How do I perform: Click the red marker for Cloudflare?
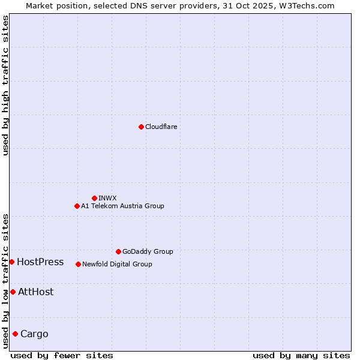141,127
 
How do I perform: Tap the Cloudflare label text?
161,127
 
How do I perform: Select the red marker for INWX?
94,198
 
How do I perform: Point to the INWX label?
107,198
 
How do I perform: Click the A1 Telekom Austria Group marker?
77,206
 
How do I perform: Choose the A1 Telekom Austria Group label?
122,206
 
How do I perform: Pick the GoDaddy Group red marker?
118,251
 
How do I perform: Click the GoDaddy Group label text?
148,251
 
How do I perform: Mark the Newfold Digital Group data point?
78,264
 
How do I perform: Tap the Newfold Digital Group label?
117,264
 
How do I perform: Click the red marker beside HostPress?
11,262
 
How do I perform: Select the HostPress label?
40,262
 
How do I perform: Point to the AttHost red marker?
13,292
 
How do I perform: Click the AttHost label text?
35,292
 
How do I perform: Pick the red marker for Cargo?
15,334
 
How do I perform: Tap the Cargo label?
34,334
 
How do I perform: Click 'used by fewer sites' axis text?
62,355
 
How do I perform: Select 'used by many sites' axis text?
301,355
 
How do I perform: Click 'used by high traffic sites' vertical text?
6,85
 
